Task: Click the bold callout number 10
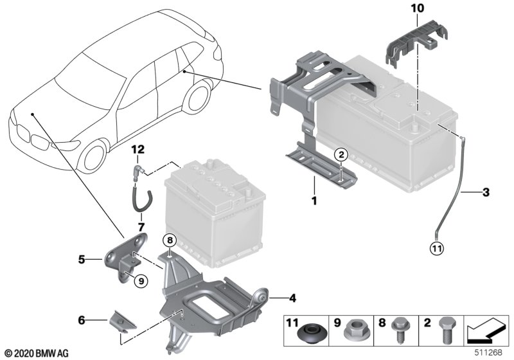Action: [x=417, y=8]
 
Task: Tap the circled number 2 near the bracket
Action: [x=341, y=154]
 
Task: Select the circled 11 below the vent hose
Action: [x=437, y=249]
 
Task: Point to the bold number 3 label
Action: [x=486, y=192]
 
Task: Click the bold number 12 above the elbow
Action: [x=138, y=150]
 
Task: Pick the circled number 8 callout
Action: [x=170, y=240]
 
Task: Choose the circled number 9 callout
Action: [x=141, y=281]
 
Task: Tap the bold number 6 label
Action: [x=82, y=320]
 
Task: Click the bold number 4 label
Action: [x=292, y=298]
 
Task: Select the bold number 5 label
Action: [x=82, y=260]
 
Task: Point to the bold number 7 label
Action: [x=141, y=227]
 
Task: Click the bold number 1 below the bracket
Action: [x=314, y=201]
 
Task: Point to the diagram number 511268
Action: [x=488, y=353]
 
